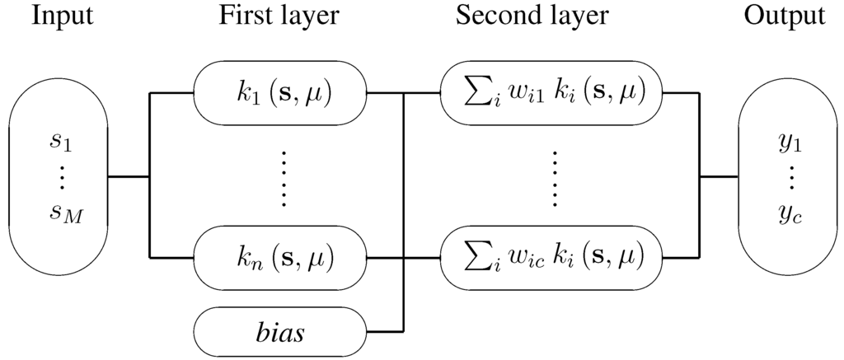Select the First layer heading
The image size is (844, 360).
(279, 16)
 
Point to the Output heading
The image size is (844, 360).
(783, 16)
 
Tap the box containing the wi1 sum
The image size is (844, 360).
(551, 92)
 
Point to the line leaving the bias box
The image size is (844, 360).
(384, 331)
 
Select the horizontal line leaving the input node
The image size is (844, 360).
(129, 176)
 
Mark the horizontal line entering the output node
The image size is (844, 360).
(719, 176)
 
